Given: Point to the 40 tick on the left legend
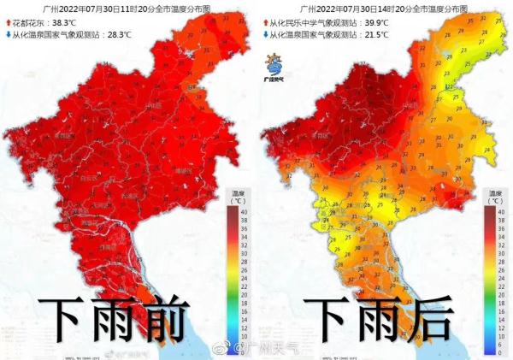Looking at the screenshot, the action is [243, 210].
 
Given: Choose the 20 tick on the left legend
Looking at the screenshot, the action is [243, 285].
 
